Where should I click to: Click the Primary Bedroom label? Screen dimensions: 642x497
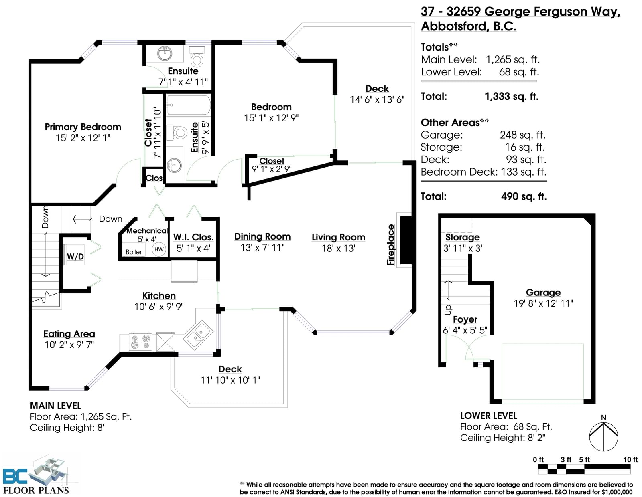pos(83,127)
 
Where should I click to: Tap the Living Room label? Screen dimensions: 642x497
pos(338,237)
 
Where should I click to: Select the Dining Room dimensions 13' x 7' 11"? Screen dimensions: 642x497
pos(262,248)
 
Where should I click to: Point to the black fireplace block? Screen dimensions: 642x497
pos(406,240)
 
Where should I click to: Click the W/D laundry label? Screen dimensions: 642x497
pos(75,257)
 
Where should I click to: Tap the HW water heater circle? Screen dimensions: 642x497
pos(159,249)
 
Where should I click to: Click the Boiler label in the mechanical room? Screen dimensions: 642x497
pos(134,252)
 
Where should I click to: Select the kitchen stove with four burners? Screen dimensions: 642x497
pos(140,342)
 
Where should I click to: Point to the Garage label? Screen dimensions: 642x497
pos(543,293)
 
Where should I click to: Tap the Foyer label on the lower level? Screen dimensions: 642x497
pos(465,319)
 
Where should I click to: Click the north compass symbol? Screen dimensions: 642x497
pos(603,436)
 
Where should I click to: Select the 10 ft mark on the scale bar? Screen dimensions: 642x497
pos(630,459)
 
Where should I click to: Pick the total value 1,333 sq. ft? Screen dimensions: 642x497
pos(512,97)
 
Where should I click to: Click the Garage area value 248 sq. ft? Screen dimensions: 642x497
pos(522,135)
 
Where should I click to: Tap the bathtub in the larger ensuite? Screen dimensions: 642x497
pos(189,105)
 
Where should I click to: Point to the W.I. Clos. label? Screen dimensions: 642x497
pos(193,237)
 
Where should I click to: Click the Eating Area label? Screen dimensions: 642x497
pos(69,334)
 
